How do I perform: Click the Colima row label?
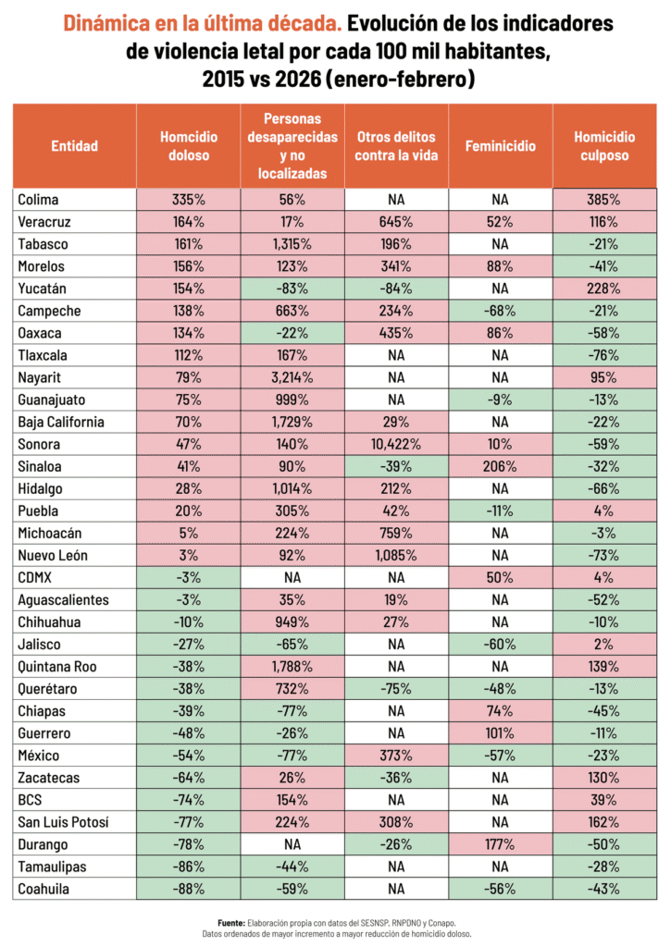[36, 199]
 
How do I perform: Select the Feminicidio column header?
[501, 146]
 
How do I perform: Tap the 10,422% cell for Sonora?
[397, 445]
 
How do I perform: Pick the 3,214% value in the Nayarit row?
[292, 377]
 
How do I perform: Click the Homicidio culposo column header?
[605, 146]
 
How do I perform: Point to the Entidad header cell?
[74, 146]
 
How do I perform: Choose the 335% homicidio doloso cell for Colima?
[188, 199]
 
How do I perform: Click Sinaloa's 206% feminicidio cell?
[501, 467]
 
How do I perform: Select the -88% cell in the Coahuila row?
[188, 891]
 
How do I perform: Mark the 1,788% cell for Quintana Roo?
[292, 667]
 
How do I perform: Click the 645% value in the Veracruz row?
[397, 221]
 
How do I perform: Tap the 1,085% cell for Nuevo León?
[397, 556]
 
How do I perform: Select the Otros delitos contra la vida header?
[397, 146]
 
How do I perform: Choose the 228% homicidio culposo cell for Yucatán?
[605, 289]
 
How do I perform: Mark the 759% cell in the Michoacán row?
[397, 534]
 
